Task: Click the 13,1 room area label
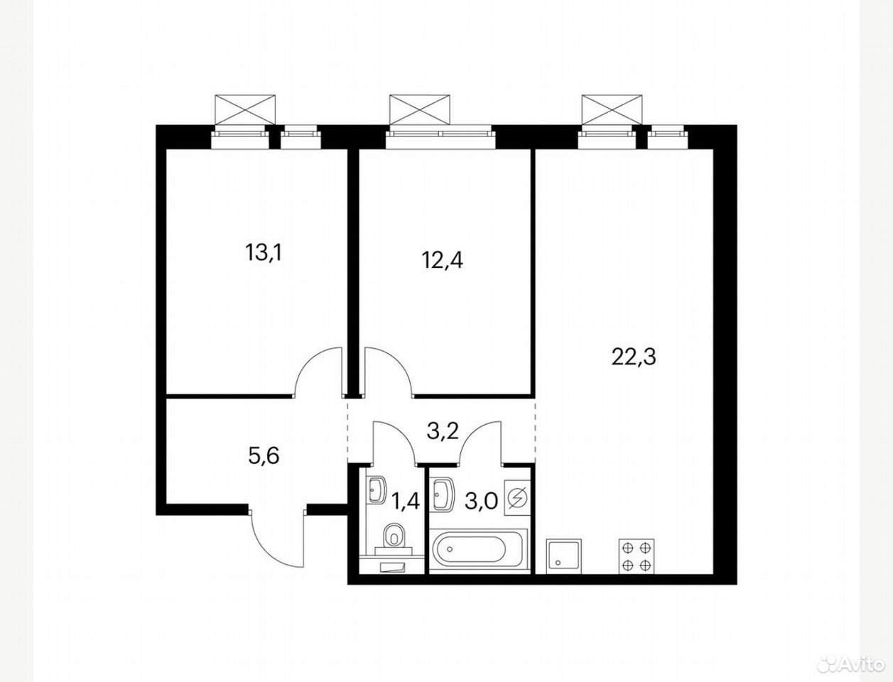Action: coord(264,253)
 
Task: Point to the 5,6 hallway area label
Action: coord(264,455)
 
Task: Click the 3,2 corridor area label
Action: coord(443,431)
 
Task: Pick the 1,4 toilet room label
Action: coord(405,501)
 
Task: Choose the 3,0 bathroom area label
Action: coord(481,502)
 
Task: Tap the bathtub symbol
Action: coord(478,549)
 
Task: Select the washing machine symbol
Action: coord(517,498)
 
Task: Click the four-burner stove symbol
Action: coord(637,556)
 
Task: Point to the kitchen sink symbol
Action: coord(564,556)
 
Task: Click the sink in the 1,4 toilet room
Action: coord(376,491)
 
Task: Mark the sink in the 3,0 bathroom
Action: coord(443,494)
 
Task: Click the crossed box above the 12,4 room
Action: coord(420,110)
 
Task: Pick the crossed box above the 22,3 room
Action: coord(612,110)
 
